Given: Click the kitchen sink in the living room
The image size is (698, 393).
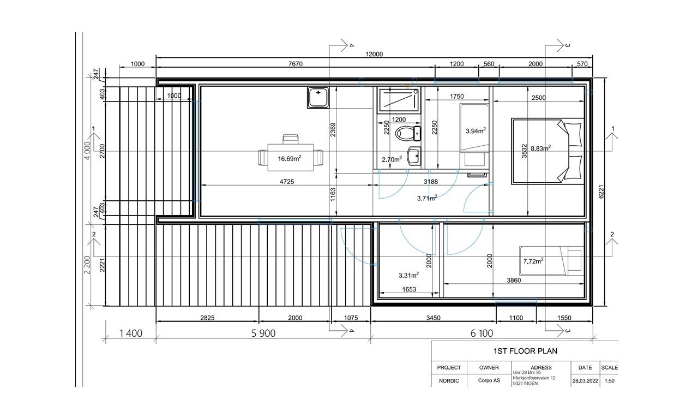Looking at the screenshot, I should point(318,98).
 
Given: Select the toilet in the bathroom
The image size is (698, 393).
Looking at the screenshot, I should point(406,132).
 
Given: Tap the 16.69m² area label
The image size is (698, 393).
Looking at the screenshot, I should point(289,159).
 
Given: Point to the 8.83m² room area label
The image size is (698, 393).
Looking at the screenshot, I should point(540,147).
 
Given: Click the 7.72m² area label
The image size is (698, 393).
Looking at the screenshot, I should point(533,261).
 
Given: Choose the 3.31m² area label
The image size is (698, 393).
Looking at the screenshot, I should point(409,275).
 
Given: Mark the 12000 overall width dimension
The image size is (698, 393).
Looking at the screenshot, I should point(374,54).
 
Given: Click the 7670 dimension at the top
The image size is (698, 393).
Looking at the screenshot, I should point(295,64).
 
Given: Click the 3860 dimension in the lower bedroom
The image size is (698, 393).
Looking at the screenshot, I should point(514,279).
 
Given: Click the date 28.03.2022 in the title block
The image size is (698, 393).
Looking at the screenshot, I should point(585,380).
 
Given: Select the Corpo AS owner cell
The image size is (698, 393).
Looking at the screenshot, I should point(489,380).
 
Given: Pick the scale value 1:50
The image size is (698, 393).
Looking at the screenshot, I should point(609,380).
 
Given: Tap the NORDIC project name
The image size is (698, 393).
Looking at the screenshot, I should point(449,380).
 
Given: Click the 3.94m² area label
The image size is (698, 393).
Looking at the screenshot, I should point(476,130).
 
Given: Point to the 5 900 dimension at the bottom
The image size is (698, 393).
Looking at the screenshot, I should point(263,333).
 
